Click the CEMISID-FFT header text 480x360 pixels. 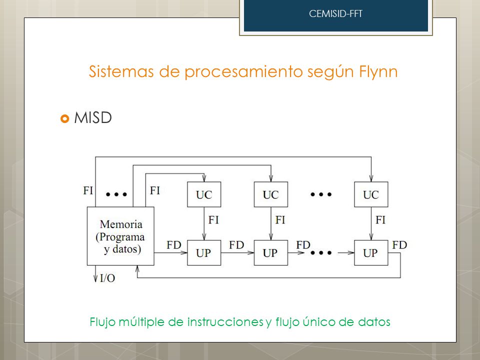click(335, 14)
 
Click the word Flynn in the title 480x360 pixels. click(378, 72)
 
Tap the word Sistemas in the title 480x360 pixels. click(121, 71)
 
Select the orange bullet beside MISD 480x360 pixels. click(65, 118)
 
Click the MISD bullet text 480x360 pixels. click(93, 118)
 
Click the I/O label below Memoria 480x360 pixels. click(107, 278)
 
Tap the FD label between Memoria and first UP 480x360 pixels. click(174, 245)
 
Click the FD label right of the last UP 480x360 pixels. click(399, 245)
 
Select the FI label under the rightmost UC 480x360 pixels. click(380, 220)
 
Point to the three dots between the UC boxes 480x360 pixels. click(321, 194)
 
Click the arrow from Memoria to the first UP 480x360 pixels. click(170, 253)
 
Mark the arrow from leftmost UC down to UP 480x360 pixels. click(204, 223)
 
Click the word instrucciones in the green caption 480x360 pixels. click(225, 322)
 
